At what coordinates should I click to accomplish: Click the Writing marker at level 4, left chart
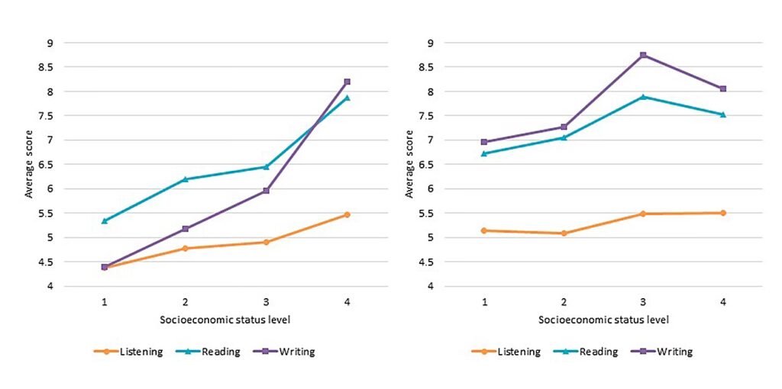[x=347, y=82]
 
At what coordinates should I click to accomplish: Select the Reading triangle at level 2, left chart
[x=185, y=179]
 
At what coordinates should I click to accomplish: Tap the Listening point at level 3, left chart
[x=266, y=242]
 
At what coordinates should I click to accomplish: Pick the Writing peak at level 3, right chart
[x=643, y=55]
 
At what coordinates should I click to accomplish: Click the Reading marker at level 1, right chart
[x=483, y=153]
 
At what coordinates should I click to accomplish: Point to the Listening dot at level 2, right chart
[x=564, y=233]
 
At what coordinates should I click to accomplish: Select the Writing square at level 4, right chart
[x=722, y=88]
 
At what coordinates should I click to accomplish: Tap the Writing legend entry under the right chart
[x=664, y=352]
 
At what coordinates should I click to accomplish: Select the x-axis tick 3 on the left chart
[x=266, y=301]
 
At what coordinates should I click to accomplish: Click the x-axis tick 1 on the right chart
[x=483, y=301]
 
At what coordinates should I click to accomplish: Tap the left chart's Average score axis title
[x=29, y=164]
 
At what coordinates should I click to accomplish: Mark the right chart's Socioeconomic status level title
[x=603, y=319]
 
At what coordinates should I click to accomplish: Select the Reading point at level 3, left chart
[x=266, y=166]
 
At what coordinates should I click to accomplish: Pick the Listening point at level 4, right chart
[x=722, y=213]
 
